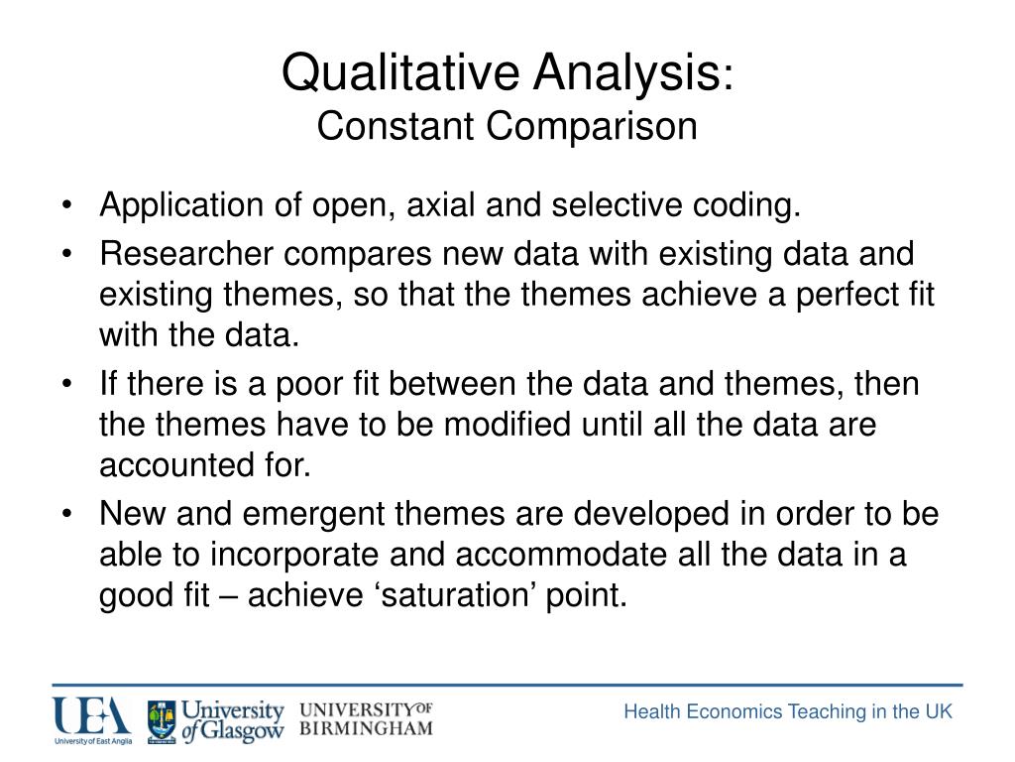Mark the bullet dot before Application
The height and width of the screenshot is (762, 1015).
click(x=66, y=206)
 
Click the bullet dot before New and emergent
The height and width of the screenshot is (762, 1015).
click(x=66, y=514)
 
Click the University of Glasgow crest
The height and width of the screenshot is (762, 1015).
click(x=162, y=720)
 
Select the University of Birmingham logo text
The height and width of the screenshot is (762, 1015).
click(x=366, y=719)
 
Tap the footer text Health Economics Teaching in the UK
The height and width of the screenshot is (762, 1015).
click(x=787, y=711)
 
